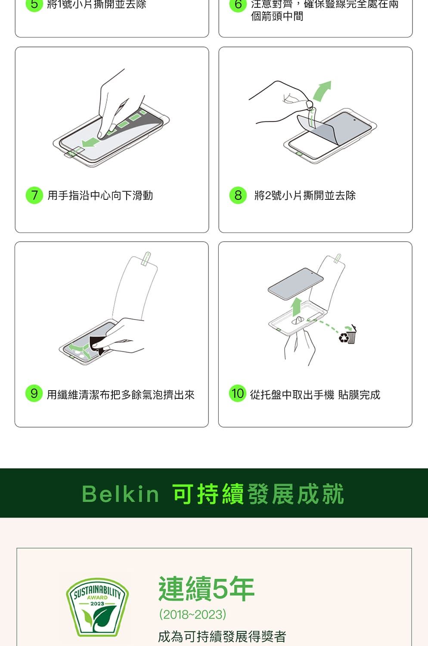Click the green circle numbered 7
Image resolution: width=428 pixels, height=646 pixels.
[34, 195]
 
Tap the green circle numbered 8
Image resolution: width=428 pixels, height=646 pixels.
[238, 195]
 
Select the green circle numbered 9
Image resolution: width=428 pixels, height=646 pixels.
[34, 393]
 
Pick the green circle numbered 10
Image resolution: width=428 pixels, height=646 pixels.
[238, 393]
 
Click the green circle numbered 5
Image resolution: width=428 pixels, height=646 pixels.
[34, 4]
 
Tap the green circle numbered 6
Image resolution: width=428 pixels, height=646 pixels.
[238, 4]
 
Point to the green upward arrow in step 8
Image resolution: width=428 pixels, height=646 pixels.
[322, 90]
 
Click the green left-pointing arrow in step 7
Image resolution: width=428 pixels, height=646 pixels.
[90, 142]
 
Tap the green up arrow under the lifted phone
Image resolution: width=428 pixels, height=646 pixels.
[296, 307]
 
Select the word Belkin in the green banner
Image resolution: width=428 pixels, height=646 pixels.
[121, 494]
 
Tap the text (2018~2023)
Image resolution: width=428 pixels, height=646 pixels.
[192, 614]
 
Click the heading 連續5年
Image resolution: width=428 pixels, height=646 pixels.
[207, 588]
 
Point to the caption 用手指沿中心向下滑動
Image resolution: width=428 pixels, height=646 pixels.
[100, 195]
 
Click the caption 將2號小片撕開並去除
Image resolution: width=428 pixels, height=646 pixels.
[305, 195]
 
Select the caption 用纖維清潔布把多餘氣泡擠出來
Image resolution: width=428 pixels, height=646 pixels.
[121, 394]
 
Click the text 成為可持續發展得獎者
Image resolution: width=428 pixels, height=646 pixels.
[222, 637]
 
